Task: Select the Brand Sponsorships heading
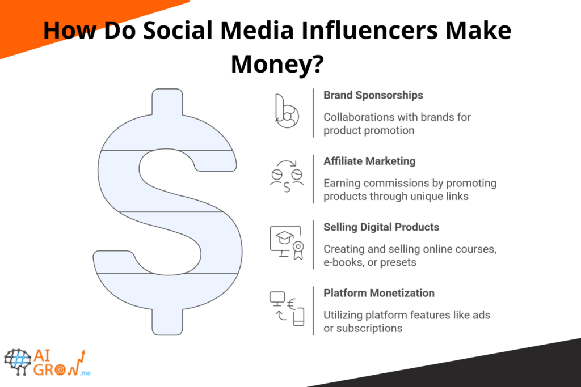click(373, 95)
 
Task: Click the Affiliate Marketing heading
click(369, 161)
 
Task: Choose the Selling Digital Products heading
click(381, 227)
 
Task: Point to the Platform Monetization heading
click(379, 293)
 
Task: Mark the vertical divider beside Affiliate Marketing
click(313, 178)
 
